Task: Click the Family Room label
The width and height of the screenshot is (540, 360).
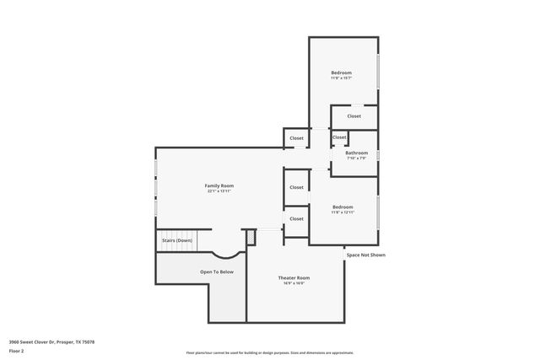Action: click(x=219, y=185)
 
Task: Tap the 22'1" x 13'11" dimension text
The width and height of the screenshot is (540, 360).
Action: click(x=219, y=191)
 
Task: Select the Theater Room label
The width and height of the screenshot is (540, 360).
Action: click(x=294, y=277)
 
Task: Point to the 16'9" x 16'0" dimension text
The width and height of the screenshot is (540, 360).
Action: click(x=294, y=283)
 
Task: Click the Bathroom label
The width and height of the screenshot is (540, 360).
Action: click(x=356, y=153)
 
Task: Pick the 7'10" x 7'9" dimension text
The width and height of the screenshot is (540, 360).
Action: click(x=356, y=159)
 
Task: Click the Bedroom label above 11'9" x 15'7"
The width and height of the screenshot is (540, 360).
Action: click(x=341, y=73)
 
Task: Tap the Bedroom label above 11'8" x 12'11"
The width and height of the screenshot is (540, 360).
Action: click(x=343, y=207)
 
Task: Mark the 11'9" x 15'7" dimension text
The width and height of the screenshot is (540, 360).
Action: click(x=341, y=78)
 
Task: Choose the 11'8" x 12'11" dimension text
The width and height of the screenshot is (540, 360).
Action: click(x=343, y=212)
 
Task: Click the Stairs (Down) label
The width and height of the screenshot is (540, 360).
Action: click(x=177, y=240)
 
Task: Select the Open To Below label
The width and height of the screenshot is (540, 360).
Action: click(x=217, y=271)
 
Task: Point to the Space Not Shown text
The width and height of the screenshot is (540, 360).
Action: click(x=366, y=254)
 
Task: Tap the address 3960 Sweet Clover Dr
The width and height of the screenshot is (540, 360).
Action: click(x=51, y=341)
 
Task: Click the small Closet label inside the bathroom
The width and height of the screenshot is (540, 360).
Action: click(x=339, y=137)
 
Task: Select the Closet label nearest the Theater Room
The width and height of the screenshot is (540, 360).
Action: click(x=296, y=218)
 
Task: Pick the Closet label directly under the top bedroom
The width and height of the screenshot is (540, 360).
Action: click(x=354, y=116)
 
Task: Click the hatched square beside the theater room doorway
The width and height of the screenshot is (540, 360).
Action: click(x=251, y=239)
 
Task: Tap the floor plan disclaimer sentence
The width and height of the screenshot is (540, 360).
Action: click(x=269, y=352)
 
